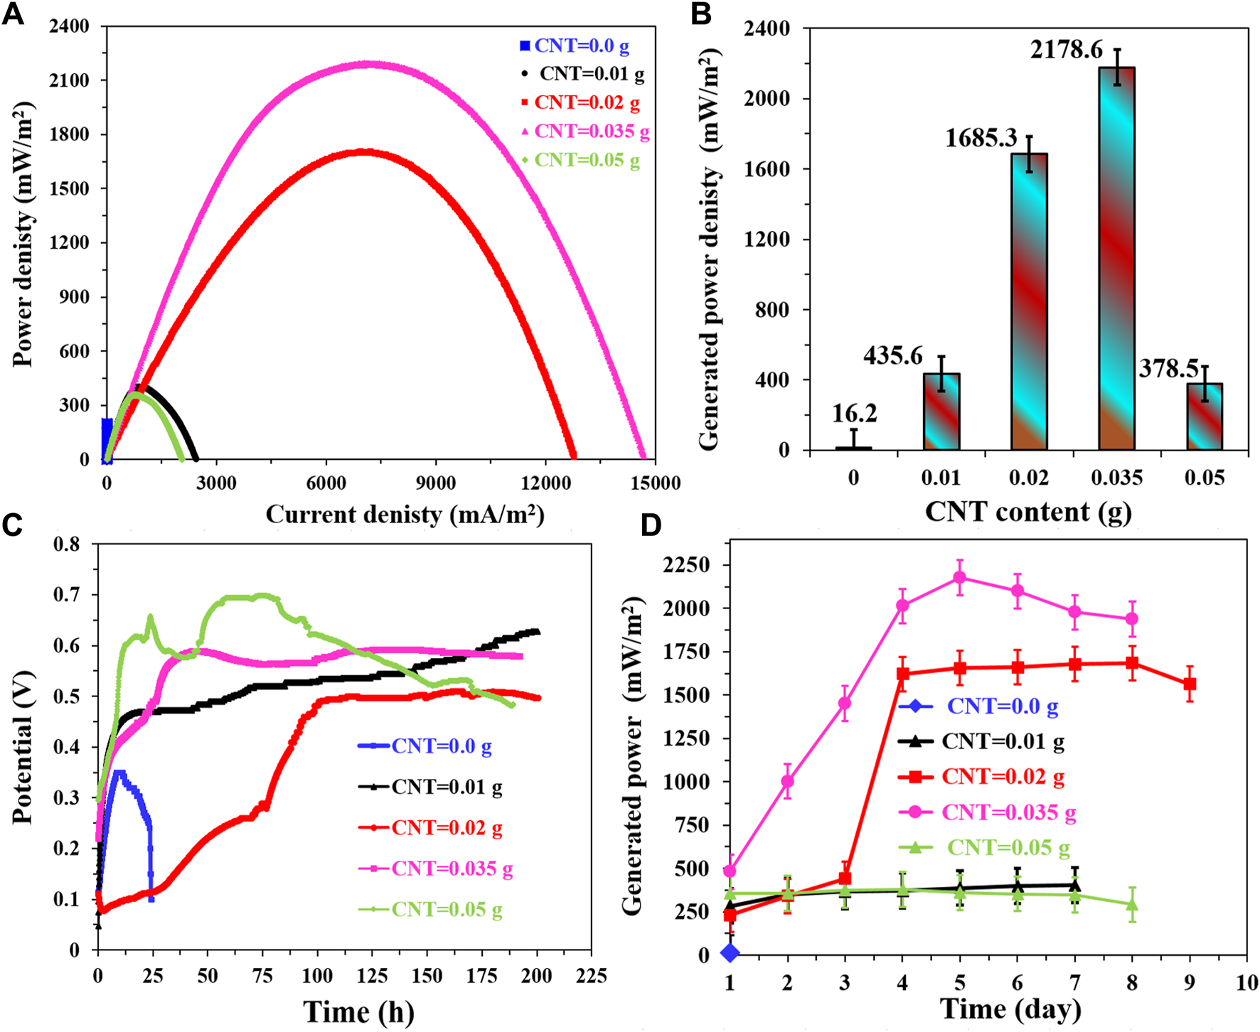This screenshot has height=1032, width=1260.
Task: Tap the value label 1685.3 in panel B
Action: click(981, 138)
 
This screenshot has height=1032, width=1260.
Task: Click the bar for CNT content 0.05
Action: click(1205, 416)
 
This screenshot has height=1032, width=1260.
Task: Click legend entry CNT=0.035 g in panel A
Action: click(592, 131)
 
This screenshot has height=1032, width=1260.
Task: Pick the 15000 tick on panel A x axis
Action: click(655, 483)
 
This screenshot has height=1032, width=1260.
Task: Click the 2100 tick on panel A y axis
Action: click(69, 80)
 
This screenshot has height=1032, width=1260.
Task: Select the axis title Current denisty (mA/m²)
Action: click(405, 514)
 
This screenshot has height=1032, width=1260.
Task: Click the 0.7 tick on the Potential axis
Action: click(68, 594)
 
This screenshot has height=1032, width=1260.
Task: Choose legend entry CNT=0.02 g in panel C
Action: click(447, 828)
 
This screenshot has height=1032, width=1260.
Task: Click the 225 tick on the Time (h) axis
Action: click(591, 976)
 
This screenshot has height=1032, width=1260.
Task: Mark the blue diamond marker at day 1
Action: click(730, 952)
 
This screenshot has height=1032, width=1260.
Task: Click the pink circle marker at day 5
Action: click(960, 577)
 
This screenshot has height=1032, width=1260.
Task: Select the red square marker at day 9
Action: click(1190, 684)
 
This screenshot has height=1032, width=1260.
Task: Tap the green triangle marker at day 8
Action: click(1132, 905)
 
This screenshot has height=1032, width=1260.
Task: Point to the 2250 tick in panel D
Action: click(685, 565)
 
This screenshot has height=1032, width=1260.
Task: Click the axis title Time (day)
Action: click(1010, 1009)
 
